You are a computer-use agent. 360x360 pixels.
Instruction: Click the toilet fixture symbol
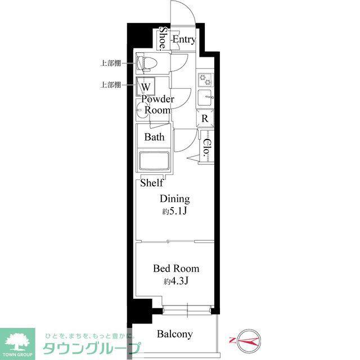click(146, 63)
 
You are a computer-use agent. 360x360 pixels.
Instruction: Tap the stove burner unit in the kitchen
click(205, 80)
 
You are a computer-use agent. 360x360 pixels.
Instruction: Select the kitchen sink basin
click(205, 97)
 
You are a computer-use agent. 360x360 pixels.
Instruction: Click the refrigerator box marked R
click(205, 118)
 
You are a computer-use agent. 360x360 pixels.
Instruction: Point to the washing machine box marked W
click(146, 87)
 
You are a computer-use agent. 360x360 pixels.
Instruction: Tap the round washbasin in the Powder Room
click(141, 110)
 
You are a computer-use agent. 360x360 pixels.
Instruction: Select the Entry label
click(184, 39)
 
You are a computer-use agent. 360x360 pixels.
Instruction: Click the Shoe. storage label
click(163, 38)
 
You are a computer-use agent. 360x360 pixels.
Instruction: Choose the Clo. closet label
click(207, 147)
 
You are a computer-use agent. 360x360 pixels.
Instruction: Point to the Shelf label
click(152, 183)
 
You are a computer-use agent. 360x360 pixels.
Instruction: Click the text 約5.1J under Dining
click(175, 211)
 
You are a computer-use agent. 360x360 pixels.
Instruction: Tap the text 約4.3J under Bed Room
click(176, 281)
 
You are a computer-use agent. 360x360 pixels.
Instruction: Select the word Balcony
click(175, 334)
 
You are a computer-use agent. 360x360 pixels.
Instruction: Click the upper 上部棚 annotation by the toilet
click(110, 63)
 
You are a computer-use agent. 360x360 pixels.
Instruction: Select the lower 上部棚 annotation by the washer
click(110, 85)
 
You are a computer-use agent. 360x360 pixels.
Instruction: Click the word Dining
click(175, 199)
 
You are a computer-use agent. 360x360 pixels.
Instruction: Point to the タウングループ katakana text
click(91, 349)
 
